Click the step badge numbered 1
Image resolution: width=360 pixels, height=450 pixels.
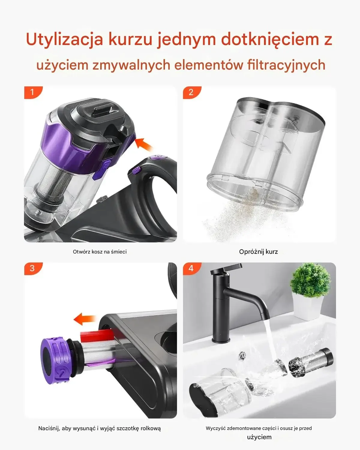[33, 92]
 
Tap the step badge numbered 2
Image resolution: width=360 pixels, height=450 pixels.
[191, 92]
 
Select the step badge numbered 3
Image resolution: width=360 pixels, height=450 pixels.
[33, 268]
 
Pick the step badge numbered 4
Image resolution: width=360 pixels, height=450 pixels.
[191, 268]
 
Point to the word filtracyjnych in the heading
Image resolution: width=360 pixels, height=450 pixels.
[286, 65]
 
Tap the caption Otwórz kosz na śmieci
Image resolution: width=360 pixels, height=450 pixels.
[100, 252]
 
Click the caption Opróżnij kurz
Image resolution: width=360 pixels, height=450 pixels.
[258, 252]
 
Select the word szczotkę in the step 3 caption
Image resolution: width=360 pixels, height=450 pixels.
[127, 428]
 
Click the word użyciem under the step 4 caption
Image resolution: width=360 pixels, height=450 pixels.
[259, 437]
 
